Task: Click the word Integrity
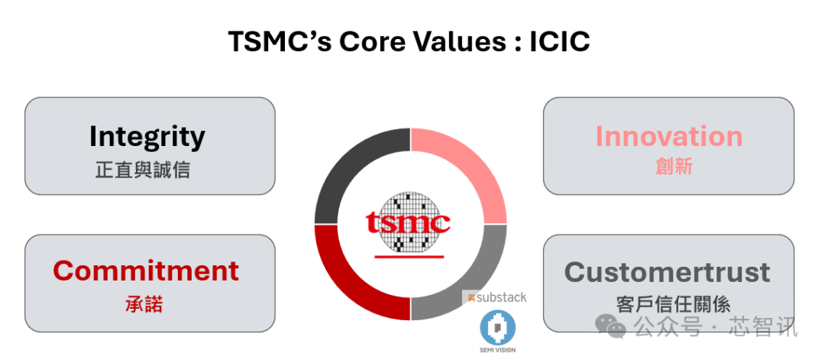147,136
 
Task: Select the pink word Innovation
668,136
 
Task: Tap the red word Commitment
146,271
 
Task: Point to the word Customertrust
667,272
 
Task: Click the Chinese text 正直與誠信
143,170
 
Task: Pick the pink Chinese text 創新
674,167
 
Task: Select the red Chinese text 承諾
144,304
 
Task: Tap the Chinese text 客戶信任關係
674,304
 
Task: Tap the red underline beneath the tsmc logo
409,257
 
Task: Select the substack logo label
494,297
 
